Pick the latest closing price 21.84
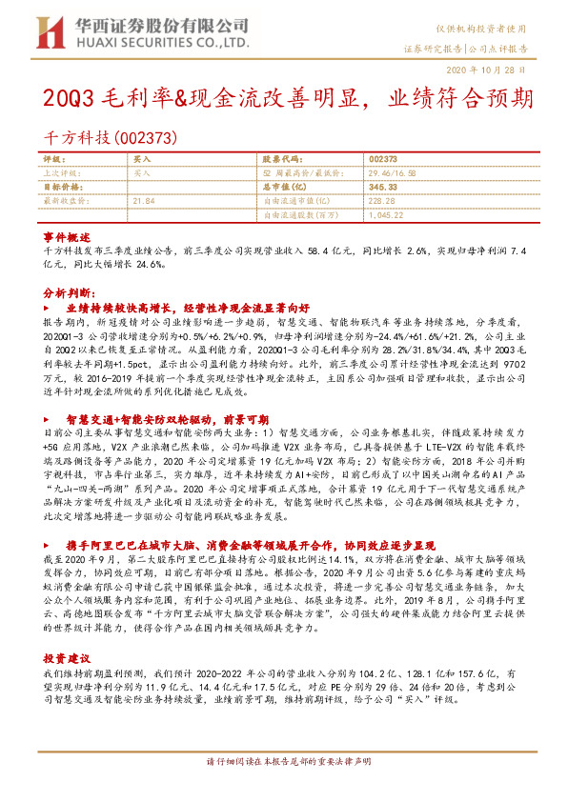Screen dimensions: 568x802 (144, 201)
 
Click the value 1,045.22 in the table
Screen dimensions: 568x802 (385, 214)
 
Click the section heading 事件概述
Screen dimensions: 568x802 (66, 235)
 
